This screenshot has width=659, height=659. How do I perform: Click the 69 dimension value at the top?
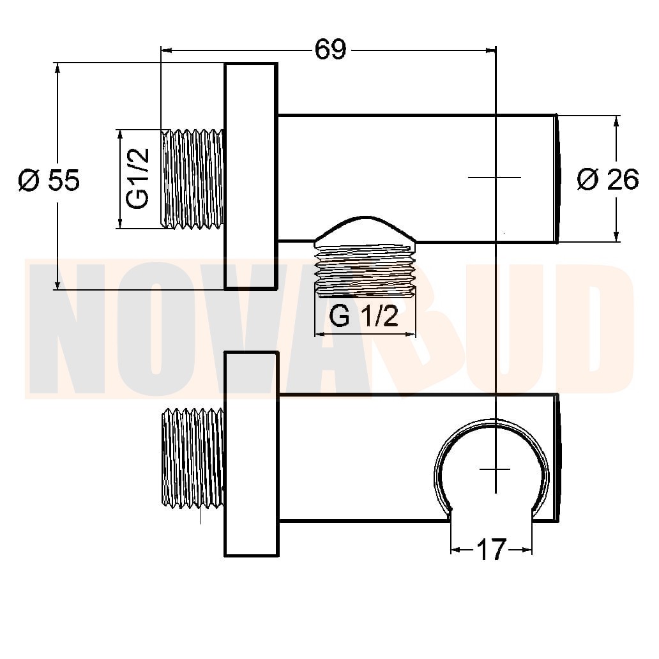330,50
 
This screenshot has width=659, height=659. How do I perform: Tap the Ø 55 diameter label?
49,180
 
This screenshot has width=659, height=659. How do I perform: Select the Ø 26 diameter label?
608,179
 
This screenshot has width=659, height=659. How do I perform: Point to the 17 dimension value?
491,550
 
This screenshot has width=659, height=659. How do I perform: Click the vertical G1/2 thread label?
137,178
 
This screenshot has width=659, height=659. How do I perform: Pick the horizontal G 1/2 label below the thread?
363,316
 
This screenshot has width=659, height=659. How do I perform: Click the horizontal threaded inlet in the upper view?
192,179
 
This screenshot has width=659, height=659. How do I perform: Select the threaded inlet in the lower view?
192,458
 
